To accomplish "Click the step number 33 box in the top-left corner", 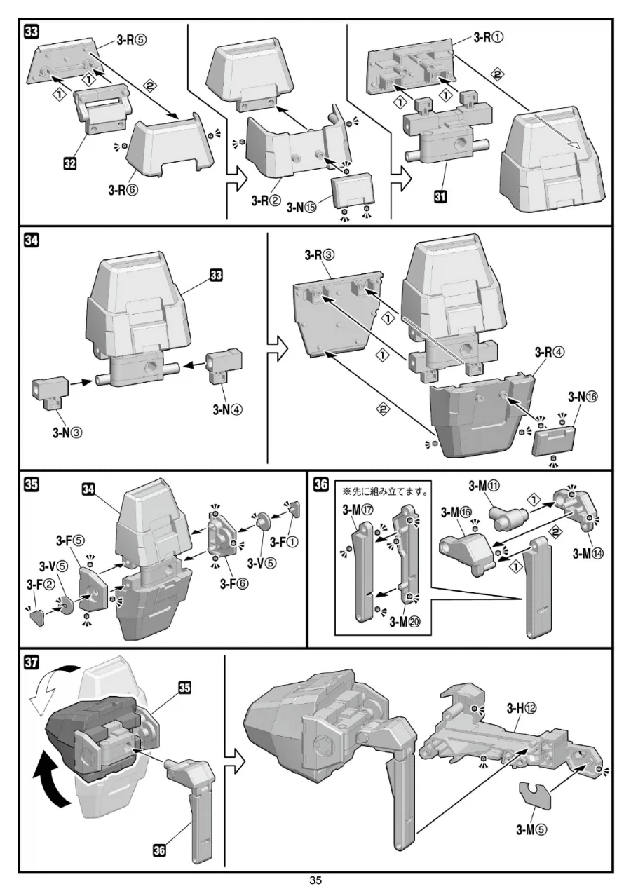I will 32,32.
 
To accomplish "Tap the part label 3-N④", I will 227,409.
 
